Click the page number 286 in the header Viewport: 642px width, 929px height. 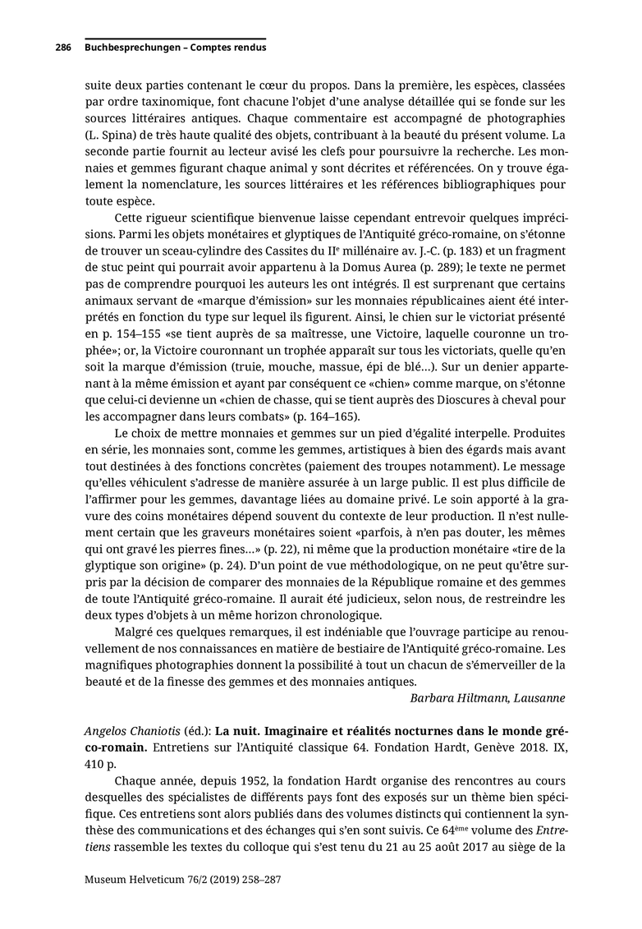63,48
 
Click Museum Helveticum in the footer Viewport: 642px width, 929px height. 132,879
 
